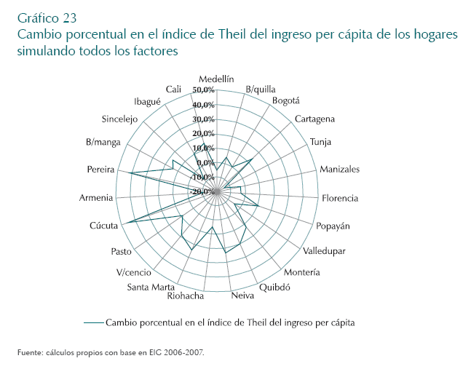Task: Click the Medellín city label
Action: [216, 80]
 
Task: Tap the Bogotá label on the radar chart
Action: [285, 100]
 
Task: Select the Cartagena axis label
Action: [315, 119]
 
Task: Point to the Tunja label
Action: [321, 142]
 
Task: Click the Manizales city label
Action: [340, 170]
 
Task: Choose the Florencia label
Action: [340, 198]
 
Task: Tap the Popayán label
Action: [333, 226]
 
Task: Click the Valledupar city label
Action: [324, 251]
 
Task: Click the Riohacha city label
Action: [185, 295]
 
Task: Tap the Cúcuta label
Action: [104, 226]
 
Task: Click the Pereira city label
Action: [100, 170]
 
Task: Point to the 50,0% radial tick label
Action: [203, 90]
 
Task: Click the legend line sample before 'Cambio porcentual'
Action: [93, 321]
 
